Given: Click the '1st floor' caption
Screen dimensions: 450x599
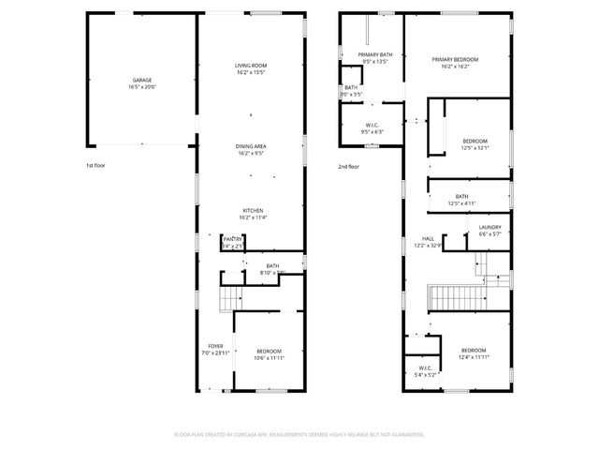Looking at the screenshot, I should point(96,166).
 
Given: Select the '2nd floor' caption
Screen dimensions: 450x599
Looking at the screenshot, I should point(349,166).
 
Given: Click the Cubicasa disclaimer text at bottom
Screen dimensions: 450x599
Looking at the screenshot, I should point(299,434).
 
